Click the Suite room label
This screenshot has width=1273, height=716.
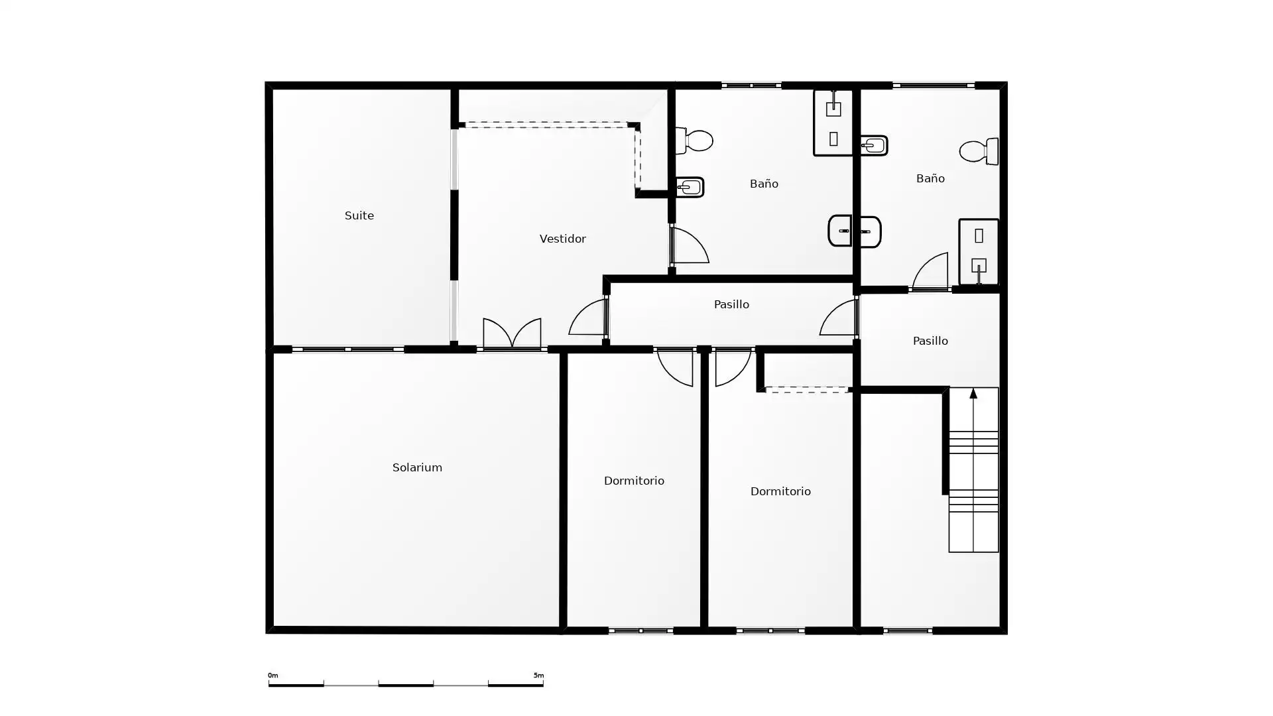(x=359, y=215)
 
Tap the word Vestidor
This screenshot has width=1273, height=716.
(x=562, y=239)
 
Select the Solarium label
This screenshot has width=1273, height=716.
(x=417, y=467)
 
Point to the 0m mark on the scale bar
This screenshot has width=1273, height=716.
(x=273, y=676)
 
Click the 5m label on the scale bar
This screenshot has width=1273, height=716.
(x=538, y=676)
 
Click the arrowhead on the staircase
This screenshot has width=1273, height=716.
(x=973, y=394)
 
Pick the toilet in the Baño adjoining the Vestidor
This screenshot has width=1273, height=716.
(x=694, y=141)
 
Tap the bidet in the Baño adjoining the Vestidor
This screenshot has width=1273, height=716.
(x=690, y=188)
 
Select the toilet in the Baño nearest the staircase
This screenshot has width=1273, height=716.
(x=979, y=151)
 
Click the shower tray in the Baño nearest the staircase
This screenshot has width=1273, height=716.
(x=979, y=252)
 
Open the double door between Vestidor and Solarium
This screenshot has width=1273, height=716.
(x=512, y=333)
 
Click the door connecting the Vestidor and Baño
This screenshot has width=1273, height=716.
(x=690, y=245)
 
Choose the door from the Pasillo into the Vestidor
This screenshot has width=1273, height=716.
(x=588, y=317)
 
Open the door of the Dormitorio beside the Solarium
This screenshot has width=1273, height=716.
(x=675, y=367)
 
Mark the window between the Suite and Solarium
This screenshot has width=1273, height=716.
(x=348, y=349)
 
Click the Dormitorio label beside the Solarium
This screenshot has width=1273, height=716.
(x=634, y=481)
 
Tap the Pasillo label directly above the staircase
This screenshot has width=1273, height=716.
(x=930, y=341)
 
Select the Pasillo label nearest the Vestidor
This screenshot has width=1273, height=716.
(x=731, y=304)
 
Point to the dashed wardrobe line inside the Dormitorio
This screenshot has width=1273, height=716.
(x=806, y=390)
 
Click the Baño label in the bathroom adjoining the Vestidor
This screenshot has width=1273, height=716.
(x=764, y=184)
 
